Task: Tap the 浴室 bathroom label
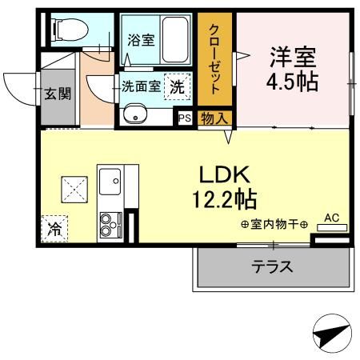(x=141, y=39)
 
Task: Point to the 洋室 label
(x=292, y=57)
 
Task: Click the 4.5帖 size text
(x=292, y=82)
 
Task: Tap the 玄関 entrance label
(x=57, y=94)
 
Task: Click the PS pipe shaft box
(x=184, y=118)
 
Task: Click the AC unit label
(x=331, y=217)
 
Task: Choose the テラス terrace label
(x=272, y=266)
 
